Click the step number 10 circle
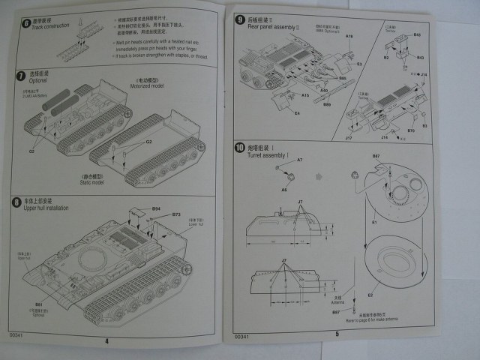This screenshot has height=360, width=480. pos(239,146)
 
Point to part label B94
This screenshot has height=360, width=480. pos(156,208)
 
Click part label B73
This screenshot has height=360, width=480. pos(176,214)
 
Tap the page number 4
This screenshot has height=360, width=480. pos(106,340)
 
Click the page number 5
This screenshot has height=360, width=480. pos(337,334)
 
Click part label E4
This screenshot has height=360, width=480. pos(297,113)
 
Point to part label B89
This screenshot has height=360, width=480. pos(327,104)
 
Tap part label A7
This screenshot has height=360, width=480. pos(300,160)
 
